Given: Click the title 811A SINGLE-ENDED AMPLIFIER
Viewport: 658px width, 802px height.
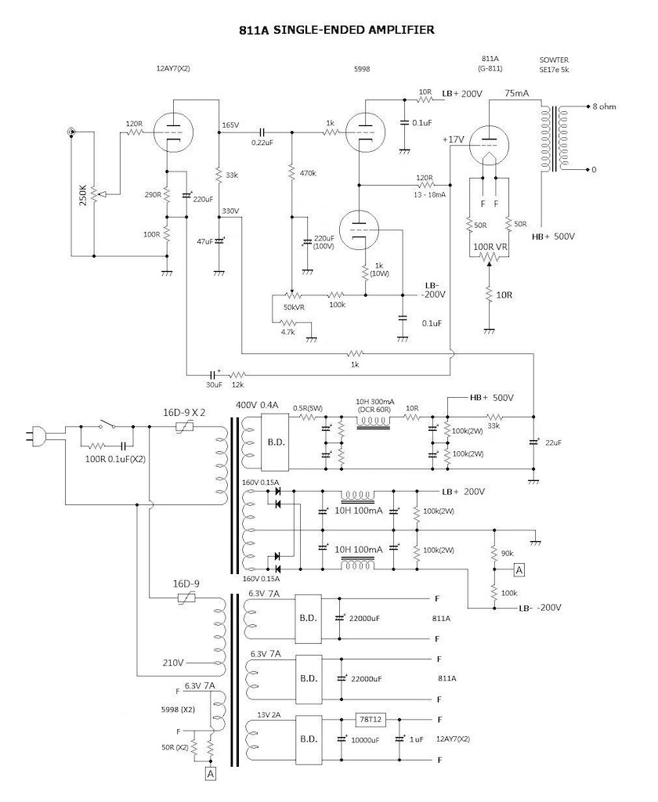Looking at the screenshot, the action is pos(337,30).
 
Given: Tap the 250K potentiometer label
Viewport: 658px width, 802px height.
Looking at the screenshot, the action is pos(83,195).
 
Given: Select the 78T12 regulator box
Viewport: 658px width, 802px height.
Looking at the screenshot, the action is pos(371,719).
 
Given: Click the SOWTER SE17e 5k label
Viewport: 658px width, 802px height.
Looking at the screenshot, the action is pos(554,64).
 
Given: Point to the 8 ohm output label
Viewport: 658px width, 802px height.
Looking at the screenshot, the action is pos(604,107).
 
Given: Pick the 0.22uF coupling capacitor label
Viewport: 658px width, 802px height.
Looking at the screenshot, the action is pos(262,143).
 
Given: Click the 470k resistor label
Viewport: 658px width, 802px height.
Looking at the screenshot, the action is pos(308,173).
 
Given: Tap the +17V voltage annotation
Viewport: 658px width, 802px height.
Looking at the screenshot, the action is pos(454,139).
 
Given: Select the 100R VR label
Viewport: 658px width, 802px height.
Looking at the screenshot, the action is pos(490,247).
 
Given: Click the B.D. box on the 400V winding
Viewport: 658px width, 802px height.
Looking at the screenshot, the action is pos(277,442).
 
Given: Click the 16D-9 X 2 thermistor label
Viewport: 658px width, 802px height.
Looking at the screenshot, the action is pos(184,412).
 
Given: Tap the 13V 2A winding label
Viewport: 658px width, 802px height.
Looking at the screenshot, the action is pos(269,714).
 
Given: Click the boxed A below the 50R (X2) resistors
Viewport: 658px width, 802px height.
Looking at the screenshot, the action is pos(210,775).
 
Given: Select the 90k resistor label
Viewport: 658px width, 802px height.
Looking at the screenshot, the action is pos(507,554).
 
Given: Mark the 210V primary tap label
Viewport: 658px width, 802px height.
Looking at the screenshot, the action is pos(173,663).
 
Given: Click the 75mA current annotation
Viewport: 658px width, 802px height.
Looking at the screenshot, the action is pos(517,93).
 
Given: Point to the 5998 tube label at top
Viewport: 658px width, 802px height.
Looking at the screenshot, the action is pos(362,69).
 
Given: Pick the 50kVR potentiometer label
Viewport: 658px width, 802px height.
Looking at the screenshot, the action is pos(295,307).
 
